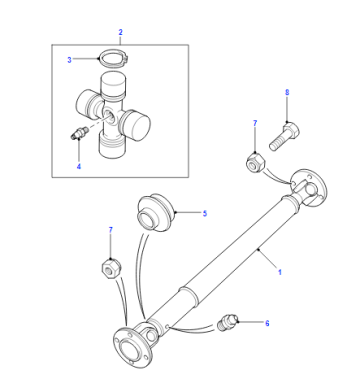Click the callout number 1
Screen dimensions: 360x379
pos(280,272)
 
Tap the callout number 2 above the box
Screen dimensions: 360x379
pos(120,32)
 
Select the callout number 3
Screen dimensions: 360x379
pos(69,60)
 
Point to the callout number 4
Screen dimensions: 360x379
pos(79,166)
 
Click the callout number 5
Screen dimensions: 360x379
pos(205,213)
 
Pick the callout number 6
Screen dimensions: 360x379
pos(267,323)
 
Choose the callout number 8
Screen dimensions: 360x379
pos(287,92)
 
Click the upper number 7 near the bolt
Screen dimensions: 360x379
pos(255,123)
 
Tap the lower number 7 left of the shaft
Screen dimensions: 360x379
pos(110,230)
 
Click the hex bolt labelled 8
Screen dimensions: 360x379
pos(284,136)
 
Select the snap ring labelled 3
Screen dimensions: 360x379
pos(113,59)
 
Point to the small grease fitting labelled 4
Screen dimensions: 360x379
pos(79,133)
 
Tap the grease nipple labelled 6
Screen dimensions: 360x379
pos(227,321)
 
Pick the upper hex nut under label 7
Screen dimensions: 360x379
pos(255,161)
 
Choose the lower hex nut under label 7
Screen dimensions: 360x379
pos(111,268)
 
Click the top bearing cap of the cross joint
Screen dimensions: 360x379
pos(114,86)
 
